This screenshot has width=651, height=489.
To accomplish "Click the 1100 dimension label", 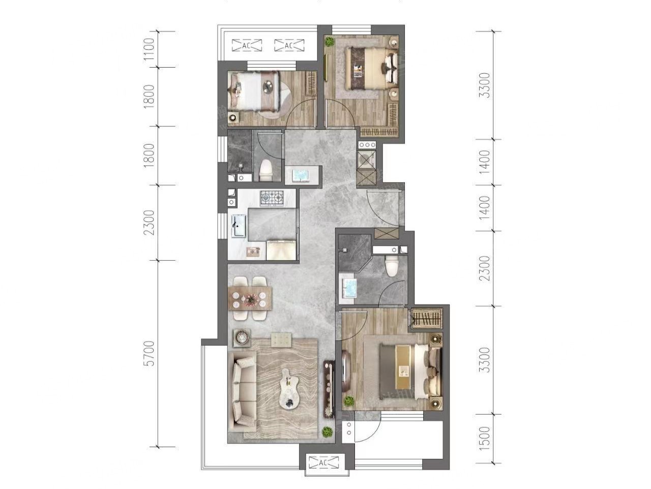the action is (x=150, y=49).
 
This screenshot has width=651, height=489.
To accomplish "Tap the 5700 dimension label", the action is (x=150, y=354).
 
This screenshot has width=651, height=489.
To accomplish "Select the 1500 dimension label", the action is (x=486, y=438).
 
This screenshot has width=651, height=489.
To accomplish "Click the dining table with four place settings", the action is (x=250, y=298).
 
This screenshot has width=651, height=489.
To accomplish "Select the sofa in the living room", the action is (x=244, y=391).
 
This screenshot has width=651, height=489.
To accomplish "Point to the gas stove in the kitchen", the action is (x=272, y=198).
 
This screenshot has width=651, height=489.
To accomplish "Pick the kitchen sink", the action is (x=239, y=226).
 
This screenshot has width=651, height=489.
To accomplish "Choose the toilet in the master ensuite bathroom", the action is (x=391, y=265).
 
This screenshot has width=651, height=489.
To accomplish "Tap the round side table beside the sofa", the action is (x=242, y=337).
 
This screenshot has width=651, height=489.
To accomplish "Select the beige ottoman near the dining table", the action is (x=281, y=340).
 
